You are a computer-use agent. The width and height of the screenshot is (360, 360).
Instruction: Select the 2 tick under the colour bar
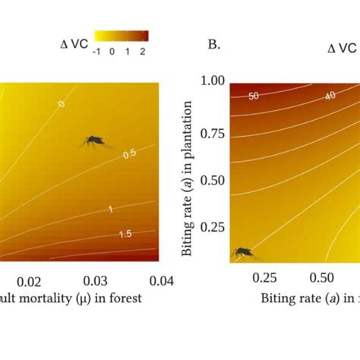[142, 51]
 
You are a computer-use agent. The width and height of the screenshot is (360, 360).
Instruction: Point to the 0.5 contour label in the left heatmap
[128, 154]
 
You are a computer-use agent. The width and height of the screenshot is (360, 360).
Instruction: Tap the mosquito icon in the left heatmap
[96, 141]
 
